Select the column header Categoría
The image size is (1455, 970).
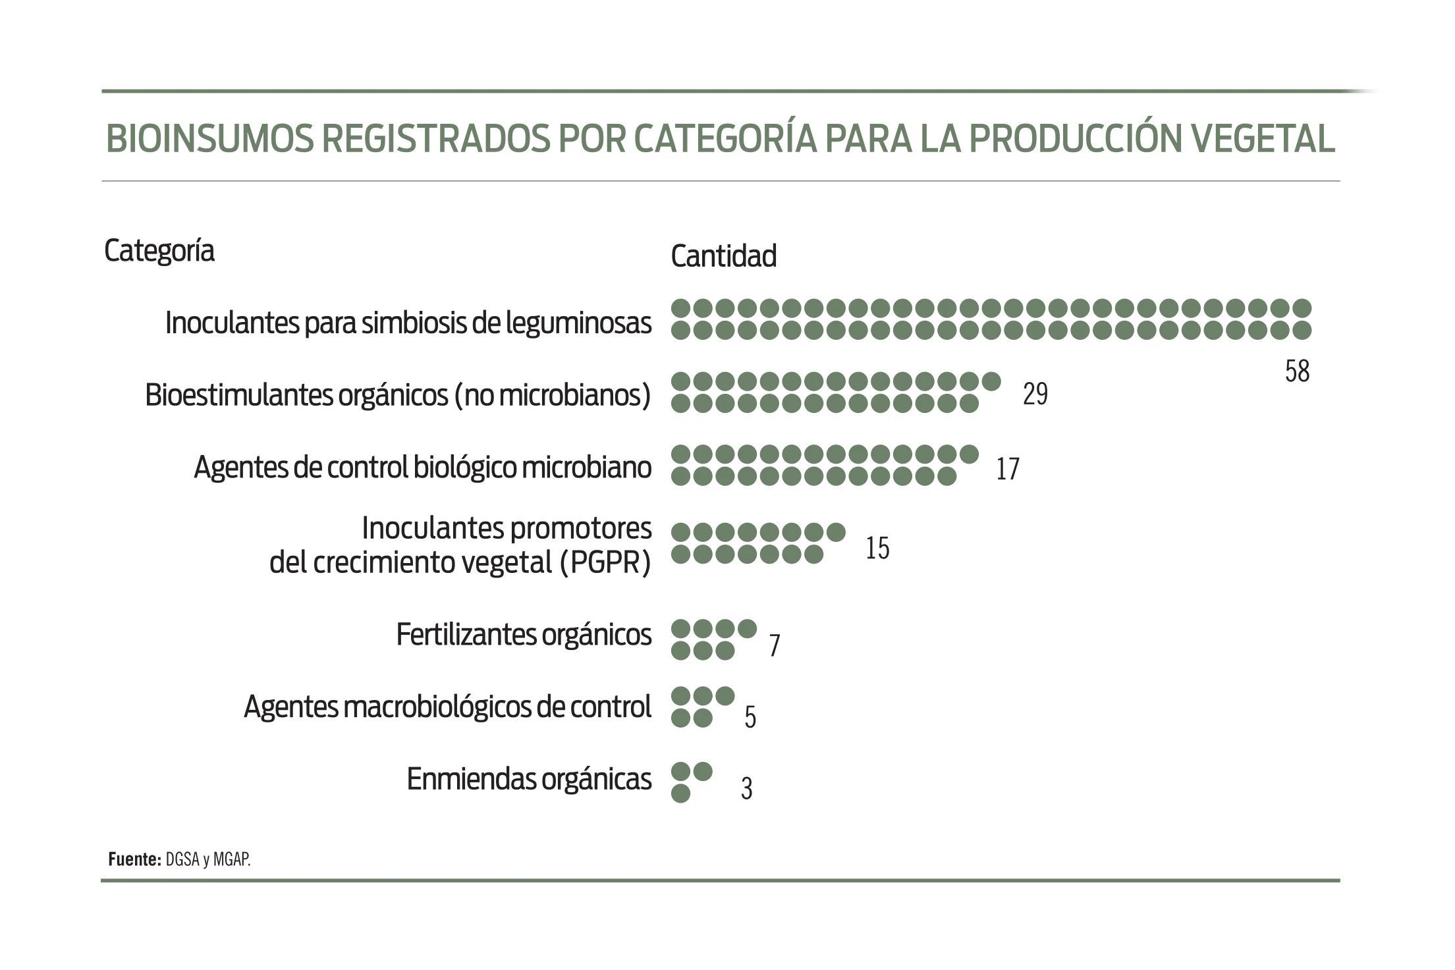click(159, 251)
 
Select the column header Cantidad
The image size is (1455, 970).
click(723, 256)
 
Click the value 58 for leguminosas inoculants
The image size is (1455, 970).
click(1297, 372)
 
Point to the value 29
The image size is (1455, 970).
click(1035, 394)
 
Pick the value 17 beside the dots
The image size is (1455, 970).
click(1008, 470)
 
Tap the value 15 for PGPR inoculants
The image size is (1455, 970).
click(877, 548)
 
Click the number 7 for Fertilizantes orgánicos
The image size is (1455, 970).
click(775, 646)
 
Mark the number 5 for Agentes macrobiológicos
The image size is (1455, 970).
click(750, 717)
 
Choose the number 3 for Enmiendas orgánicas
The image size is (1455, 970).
click(746, 788)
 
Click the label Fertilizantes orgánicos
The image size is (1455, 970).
click(524, 635)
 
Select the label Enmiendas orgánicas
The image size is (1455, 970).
click(529, 779)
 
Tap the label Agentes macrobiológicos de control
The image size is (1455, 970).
click(447, 707)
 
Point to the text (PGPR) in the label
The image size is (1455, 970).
click(605, 562)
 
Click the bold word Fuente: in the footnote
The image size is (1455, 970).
click(134, 859)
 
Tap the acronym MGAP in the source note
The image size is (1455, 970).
click(231, 860)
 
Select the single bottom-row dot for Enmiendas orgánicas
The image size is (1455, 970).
click(680, 794)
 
